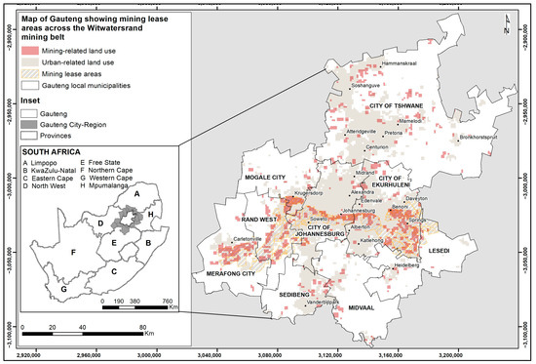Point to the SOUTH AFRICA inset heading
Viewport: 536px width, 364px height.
click(x=50, y=151)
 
